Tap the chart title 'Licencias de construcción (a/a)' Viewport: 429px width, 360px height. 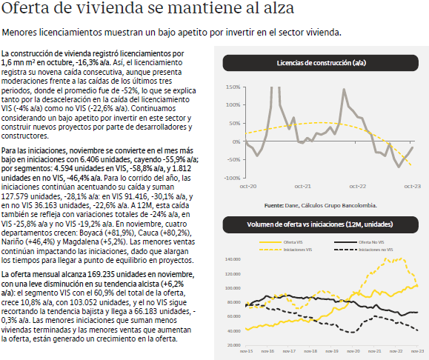[322, 63]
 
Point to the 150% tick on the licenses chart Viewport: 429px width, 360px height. [233, 87]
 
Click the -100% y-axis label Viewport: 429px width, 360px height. [232, 178]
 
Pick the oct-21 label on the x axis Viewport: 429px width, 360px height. [302, 186]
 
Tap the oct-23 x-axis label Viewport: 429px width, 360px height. [412, 186]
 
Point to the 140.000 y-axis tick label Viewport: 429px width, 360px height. [233, 259]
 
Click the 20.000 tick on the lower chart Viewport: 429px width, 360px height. [233, 345]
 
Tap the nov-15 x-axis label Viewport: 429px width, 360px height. [246, 351]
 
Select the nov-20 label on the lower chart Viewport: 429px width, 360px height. [353, 351]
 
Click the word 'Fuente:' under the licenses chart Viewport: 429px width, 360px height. [274, 205]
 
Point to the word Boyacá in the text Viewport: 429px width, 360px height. [90, 233]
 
